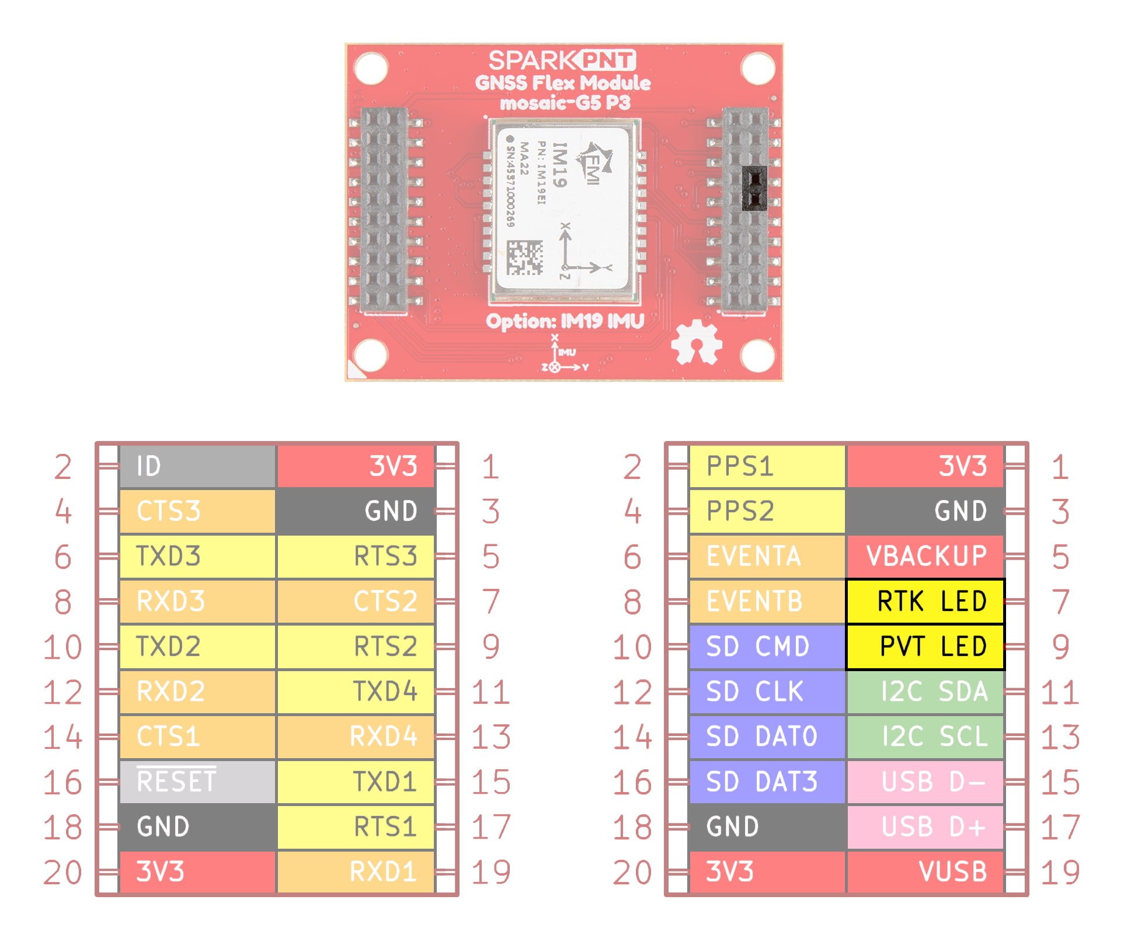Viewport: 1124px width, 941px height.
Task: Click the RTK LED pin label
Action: click(x=925, y=601)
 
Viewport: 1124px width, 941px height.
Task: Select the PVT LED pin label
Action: click(x=925, y=646)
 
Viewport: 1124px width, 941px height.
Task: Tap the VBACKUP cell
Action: click(x=925, y=555)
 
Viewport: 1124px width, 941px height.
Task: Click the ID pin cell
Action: click(x=197, y=466)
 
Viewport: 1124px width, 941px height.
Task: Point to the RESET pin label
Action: click(x=197, y=782)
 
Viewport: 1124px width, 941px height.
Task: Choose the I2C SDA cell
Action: click(x=925, y=692)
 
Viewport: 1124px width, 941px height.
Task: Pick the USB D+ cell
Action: click(x=925, y=827)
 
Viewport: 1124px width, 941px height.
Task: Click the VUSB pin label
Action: click(x=925, y=871)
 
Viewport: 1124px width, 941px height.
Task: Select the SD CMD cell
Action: click(x=767, y=646)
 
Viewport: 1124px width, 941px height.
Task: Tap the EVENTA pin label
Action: click(x=767, y=555)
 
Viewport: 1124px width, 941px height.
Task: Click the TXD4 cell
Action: click(x=356, y=692)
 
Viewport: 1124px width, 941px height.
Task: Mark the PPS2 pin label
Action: click(x=767, y=511)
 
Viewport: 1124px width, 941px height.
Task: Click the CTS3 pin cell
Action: click(x=197, y=511)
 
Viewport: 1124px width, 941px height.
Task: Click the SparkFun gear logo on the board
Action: click(x=696, y=343)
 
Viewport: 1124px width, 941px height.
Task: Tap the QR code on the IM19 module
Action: click(x=524, y=258)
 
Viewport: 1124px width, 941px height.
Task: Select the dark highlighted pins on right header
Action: click(x=754, y=188)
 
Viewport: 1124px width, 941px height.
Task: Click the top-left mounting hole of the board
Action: click(x=371, y=68)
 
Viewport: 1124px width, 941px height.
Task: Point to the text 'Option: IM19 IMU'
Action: click(x=565, y=321)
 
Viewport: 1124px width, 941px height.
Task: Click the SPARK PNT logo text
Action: click(x=562, y=60)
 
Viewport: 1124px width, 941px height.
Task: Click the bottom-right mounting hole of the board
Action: click(x=757, y=355)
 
